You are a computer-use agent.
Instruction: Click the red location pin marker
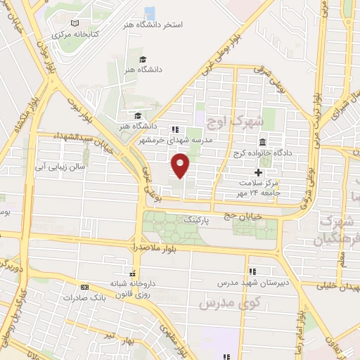coord(181,166)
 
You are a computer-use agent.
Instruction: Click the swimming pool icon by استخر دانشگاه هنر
coord(149,13)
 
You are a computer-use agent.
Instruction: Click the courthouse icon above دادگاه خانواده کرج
coord(262,141)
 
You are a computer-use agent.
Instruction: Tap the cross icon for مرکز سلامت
coord(258,172)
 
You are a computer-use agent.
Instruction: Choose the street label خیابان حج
coord(257,217)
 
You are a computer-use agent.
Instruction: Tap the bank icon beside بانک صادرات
coord(85,288)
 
